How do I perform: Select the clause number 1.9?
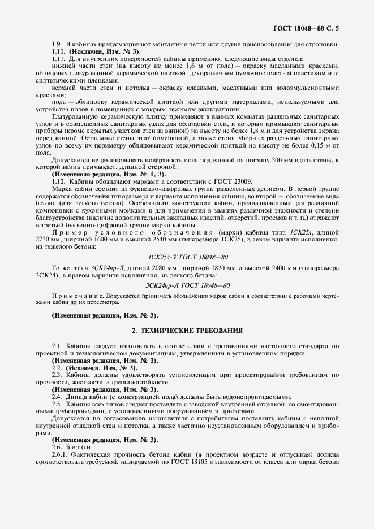point(56,45)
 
